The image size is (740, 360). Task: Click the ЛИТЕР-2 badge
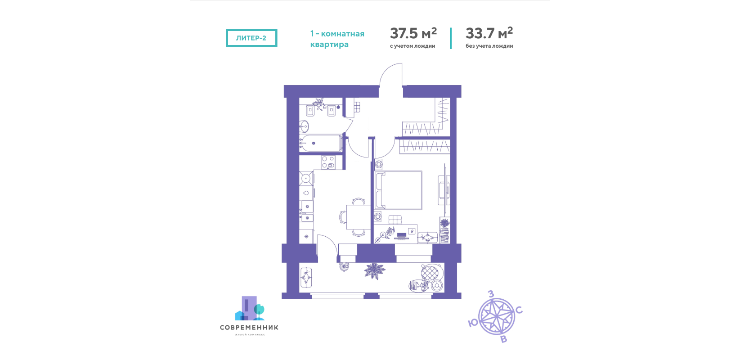coord(251,38)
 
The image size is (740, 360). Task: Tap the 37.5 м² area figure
coord(413,33)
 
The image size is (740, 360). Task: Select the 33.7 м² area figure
coord(489,33)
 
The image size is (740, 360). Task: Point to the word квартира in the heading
coord(329,44)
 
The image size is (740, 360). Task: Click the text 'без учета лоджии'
coord(489,46)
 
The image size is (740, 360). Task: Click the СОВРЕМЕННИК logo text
coord(249,328)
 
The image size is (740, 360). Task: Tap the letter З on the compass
coord(491,294)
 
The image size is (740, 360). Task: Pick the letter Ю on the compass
coord(473,323)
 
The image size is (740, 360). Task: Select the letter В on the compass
coord(503,339)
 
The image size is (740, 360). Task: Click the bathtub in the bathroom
coord(320,143)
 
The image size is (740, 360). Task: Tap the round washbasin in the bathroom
coord(304,126)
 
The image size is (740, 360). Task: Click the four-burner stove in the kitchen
coord(327,162)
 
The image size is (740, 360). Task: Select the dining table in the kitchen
coord(358,217)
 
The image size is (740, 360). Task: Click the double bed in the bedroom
coord(399,190)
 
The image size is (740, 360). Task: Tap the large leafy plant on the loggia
coord(374,271)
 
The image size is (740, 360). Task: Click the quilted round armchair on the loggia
coord(430,273)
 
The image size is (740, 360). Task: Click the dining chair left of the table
coord(343,217)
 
